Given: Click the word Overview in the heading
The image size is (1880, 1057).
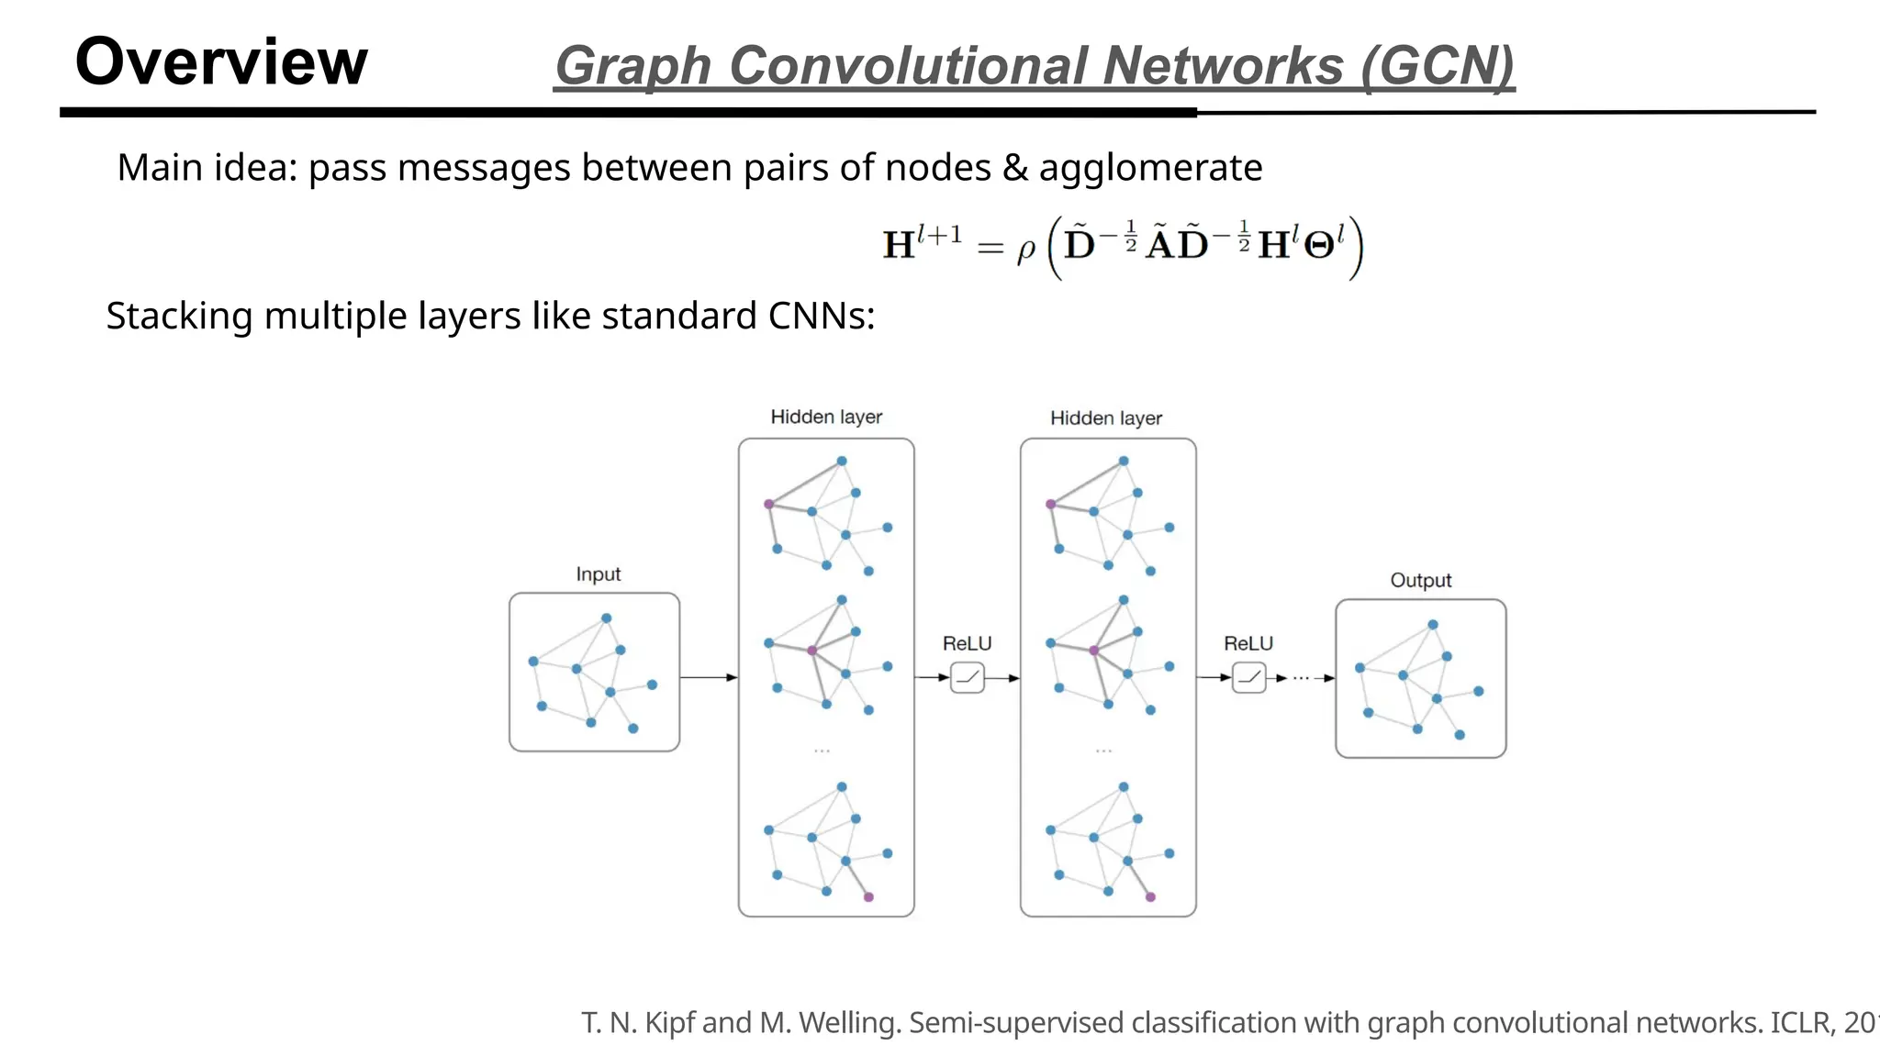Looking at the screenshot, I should (x=221, y=62).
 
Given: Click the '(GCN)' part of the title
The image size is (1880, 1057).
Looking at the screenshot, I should (x=1437, y=66).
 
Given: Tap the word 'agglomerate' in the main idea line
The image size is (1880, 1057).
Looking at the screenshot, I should (x=1150, y=168).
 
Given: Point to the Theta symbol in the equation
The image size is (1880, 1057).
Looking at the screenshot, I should (x=1319, y=246).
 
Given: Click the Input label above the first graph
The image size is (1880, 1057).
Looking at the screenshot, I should (x=598, y=574).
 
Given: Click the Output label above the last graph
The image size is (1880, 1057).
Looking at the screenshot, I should (x=1420, y=581).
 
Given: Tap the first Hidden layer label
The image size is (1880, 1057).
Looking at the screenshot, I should (x=826, y=417).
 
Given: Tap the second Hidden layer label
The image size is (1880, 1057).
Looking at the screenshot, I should (x=1106, y=418).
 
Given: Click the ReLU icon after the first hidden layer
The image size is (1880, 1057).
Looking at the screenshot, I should (x=968, y=678).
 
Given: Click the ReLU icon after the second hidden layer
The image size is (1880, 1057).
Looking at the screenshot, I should (x=1248, y=678).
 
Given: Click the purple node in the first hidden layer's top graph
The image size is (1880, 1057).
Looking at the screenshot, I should (x=769, y=504).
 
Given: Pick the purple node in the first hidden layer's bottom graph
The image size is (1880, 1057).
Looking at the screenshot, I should (x=868, y=896).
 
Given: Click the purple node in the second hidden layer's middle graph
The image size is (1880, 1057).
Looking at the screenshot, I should (x=1093, y=651).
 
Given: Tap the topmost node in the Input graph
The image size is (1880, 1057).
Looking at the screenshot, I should (x=606, y=618).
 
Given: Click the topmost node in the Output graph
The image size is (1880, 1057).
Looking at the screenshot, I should (x=1433, y=625).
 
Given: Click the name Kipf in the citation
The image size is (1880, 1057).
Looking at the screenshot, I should (x=670, y=1023).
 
